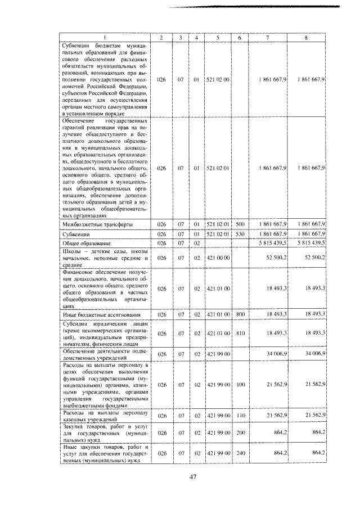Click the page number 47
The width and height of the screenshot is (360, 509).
[192, 477]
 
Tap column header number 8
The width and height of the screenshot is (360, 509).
[306, 38]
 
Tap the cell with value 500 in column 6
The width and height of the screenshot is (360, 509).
[240, 224]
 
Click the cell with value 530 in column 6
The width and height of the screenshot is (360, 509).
[240, 233]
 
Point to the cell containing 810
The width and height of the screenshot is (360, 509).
[240, 333]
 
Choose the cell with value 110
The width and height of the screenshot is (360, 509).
[240, 415]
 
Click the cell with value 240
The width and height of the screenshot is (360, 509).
[240, 452]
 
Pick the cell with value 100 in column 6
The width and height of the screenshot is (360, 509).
[240, 385]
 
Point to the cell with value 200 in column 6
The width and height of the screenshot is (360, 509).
[240, 434]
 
